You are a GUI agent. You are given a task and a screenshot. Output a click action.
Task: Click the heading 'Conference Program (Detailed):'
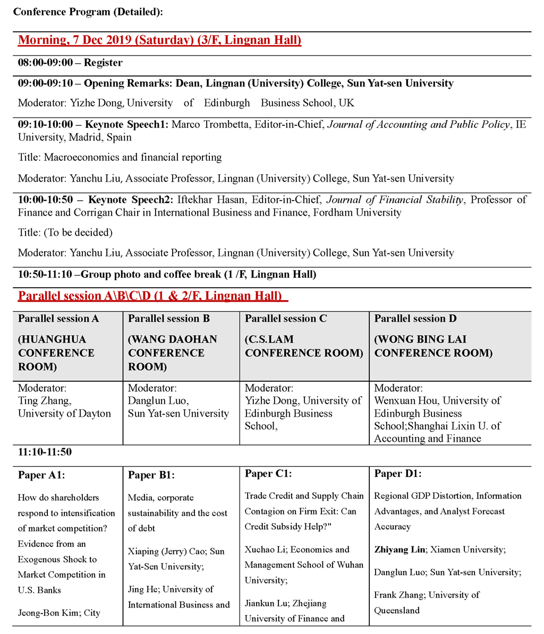(88, 12)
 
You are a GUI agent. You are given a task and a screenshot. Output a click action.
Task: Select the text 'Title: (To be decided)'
(65, 233)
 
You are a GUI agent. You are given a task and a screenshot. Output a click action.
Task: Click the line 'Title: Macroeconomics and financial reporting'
(120, 157)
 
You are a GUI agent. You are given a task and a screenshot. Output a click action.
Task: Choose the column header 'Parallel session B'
(169, 319)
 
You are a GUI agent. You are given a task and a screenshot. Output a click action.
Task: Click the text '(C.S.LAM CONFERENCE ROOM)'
(304, 346)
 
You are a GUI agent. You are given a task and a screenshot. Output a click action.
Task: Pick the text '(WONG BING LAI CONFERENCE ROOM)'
(433, 346)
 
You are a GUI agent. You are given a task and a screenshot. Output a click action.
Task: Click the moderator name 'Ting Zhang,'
(44, 401)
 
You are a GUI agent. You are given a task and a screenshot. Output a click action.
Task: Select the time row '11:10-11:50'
(45, 452)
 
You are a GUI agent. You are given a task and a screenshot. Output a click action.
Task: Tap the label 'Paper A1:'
(41, 475)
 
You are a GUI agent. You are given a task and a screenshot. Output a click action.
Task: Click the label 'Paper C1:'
(268, 474)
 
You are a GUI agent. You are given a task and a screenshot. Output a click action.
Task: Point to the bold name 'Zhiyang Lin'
(399, 550)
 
